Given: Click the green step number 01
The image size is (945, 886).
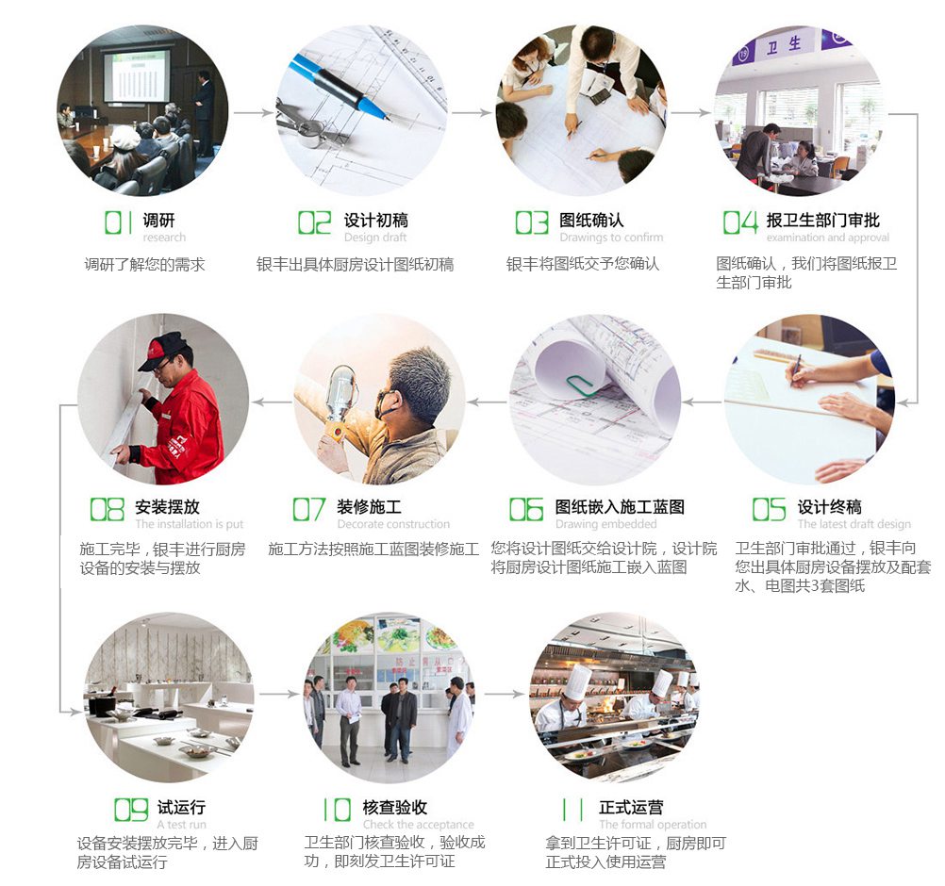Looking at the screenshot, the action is [x=119, y=222].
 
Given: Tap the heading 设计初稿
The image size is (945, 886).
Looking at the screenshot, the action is [x=375, y=220].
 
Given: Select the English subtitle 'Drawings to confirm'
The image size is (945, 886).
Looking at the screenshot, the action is [x=611, y=238].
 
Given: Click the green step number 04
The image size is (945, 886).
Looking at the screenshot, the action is [x=740, y=222].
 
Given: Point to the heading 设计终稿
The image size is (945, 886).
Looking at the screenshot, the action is [x=829, y=506].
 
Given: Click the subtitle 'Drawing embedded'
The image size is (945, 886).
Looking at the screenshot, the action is [x=605, y=524].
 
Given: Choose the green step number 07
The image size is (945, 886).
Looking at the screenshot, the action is [x=308, y=509].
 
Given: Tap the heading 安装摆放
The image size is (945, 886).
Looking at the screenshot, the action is [x=167, y=506].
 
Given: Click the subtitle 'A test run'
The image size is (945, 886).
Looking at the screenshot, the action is [x=181, y=824].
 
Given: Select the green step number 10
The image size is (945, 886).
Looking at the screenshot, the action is [x=338, y=810].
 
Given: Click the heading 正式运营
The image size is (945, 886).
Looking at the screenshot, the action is [x=631, y=807].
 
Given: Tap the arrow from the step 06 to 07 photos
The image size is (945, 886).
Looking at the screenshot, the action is [x=487, y=402].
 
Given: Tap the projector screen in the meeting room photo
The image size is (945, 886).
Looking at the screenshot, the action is [x=137, y=76].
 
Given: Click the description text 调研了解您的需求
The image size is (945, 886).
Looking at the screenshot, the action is [x=144, y=265].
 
